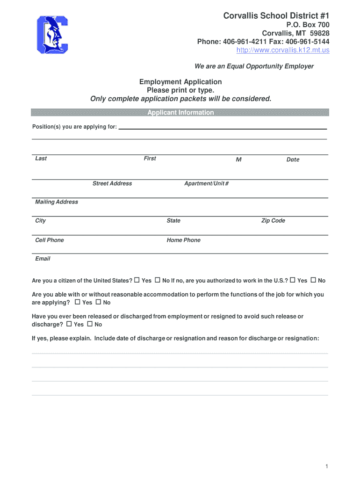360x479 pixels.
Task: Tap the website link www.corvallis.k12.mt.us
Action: tap(283, 50)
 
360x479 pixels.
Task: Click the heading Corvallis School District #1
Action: tap(276, 16)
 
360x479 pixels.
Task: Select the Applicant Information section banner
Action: tap(180, 113)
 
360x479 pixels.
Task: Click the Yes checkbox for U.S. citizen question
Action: tap(137, 280)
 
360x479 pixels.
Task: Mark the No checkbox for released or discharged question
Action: tap(90, 324)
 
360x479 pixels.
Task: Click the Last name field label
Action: tap(41, 159)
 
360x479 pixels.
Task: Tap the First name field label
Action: tap(150, 159)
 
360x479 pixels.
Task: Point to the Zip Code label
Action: tap(273, 221)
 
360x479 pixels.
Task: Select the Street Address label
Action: tap(112, 183)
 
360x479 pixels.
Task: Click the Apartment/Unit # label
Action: tap(206, 183)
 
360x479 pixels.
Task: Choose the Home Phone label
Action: tap(183, 240)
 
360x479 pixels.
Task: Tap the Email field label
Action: tap(43, 259)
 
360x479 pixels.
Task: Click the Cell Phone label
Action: tap(50, 240)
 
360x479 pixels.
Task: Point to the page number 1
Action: tap(328, 467)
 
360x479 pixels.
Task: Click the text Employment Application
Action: tap(180, 82)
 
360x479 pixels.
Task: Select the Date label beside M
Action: tap(293, 160)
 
